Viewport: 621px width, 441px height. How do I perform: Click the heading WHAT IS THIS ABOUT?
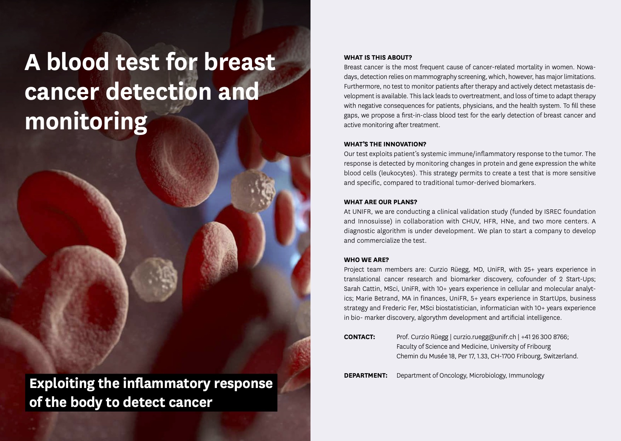(x=378, y=57)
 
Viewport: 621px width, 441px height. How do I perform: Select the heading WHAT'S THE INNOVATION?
(x=385, y=144)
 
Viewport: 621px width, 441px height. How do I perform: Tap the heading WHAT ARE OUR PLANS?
(x=380, y=202)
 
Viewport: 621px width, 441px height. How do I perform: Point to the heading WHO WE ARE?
(x=366, y=260)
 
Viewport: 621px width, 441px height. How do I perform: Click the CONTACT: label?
(x=359, y=337)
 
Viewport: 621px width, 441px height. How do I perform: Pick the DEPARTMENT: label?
(x=366, y=375)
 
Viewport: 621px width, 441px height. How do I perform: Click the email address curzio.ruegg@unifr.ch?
(x=484, y=337)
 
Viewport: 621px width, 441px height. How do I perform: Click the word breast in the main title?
(x=239, y=62)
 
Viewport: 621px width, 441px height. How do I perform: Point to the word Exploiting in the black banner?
(x=62, y=384)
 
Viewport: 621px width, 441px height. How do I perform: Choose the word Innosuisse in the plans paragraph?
(x=375, y=222)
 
